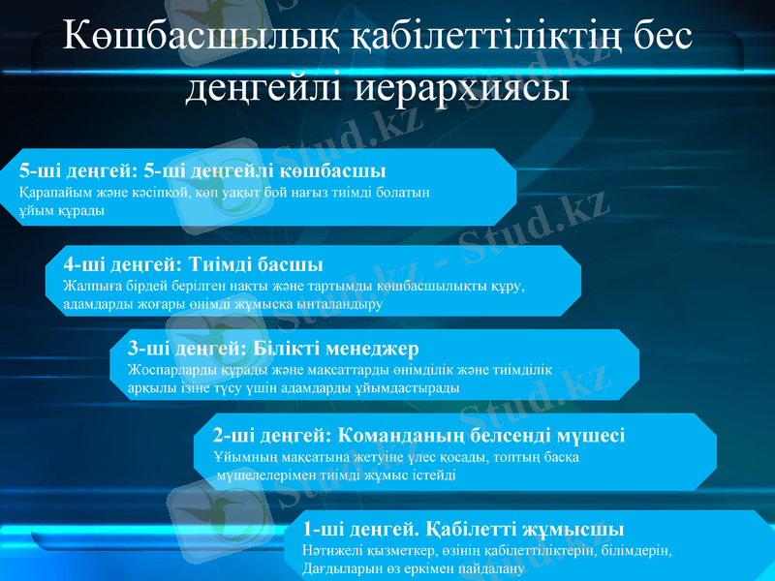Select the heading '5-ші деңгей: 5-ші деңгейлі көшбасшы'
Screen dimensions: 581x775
[202, 171]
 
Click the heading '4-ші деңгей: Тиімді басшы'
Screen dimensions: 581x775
[193, 263]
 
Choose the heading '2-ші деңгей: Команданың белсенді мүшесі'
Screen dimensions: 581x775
[418, 435]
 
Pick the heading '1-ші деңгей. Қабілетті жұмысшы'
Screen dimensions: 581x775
[463, 529]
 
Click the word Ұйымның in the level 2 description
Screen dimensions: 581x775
[241, 456]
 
